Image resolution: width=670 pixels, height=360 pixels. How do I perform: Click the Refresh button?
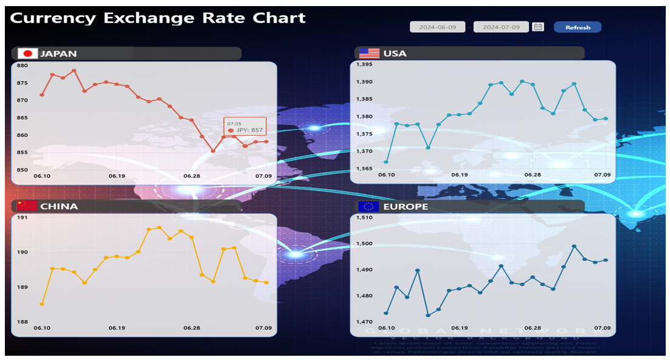click(x=577, y=27)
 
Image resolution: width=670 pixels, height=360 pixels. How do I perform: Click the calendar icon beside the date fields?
click(x=537, y=27)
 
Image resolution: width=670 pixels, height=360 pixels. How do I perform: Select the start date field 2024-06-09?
click(x=437, y=27)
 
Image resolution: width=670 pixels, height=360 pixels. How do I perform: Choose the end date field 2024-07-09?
click(x=501, y=27)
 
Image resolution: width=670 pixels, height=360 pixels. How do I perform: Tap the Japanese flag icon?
click(x=28, y=54)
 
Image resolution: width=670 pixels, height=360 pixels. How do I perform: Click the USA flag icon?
click(x=369, y=54)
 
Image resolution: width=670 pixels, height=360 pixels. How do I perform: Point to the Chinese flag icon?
click(x=27, y=206)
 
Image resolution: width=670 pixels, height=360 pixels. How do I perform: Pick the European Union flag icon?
click(x=368, y=206)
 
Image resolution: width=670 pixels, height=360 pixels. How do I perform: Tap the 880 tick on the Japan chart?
click(x=22, y=66)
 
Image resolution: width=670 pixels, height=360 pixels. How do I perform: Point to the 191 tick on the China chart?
click(x=22, y=217)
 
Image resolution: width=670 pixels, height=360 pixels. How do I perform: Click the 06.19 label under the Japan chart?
click(x=117, y=176)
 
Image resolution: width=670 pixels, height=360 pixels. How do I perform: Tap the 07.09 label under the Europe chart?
click(x=603, y=328)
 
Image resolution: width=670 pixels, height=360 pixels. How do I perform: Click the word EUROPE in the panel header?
click(x=406, y=207)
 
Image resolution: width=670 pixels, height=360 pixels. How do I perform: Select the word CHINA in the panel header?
click(x=59, y=206)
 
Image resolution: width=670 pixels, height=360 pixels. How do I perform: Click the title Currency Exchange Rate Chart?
click(x=157, y=18)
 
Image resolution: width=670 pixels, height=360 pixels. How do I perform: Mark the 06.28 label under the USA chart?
click(x=533, y=175)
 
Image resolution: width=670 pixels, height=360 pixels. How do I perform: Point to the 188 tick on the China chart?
click(x=22, y=322)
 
